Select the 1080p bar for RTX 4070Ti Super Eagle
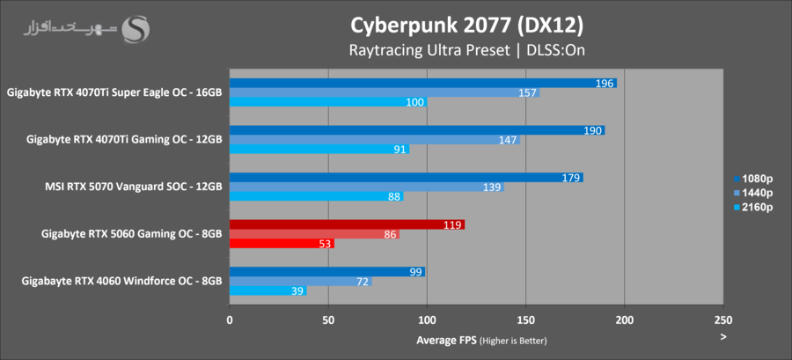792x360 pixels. (422, 83)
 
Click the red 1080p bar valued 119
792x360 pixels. (347, 224)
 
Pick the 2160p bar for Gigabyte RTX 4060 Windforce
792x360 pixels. (268, 290)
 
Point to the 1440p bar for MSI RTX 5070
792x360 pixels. (366, 187)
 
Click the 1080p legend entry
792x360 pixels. (753, 174)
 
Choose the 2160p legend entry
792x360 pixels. (753, 208)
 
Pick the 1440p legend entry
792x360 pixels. (753, 191)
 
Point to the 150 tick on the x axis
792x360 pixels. (525, 321)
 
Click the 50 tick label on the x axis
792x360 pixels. (328, 321)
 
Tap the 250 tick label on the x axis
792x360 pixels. (722, 321)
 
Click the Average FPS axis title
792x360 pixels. (481, 341)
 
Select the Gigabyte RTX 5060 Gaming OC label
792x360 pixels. (131, 233)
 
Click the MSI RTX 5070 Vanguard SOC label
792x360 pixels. (133, 186)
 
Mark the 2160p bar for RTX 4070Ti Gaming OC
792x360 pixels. (319, 150)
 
